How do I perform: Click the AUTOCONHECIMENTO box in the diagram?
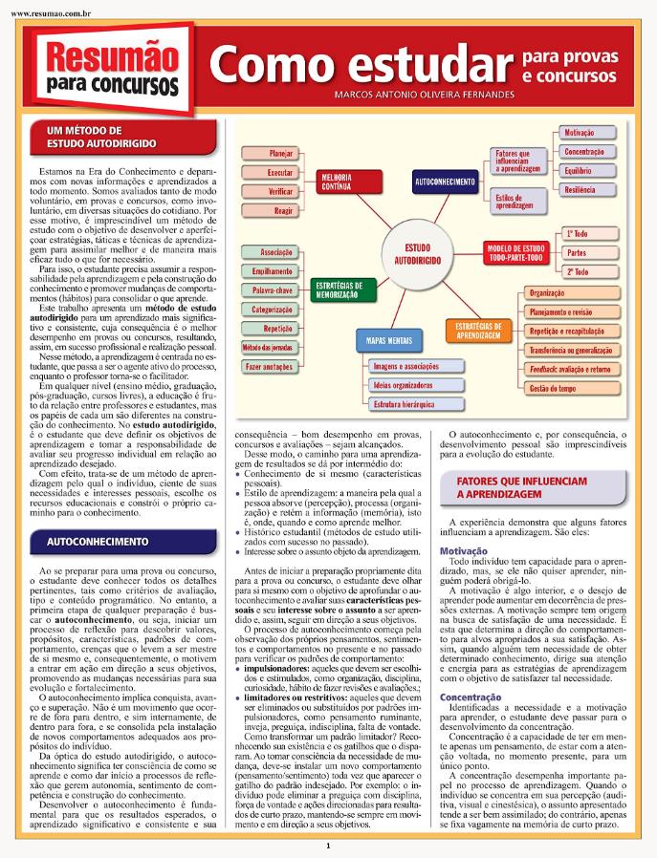(446, 181)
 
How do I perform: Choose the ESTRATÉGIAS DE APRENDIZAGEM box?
(479, 331)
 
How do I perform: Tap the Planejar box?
(281, 153)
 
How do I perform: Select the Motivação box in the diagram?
(579, 133)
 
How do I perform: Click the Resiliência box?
(579, 190)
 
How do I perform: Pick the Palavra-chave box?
(273, 290)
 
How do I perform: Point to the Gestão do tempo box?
(553, 389)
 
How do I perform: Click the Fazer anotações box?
(269, 367)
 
